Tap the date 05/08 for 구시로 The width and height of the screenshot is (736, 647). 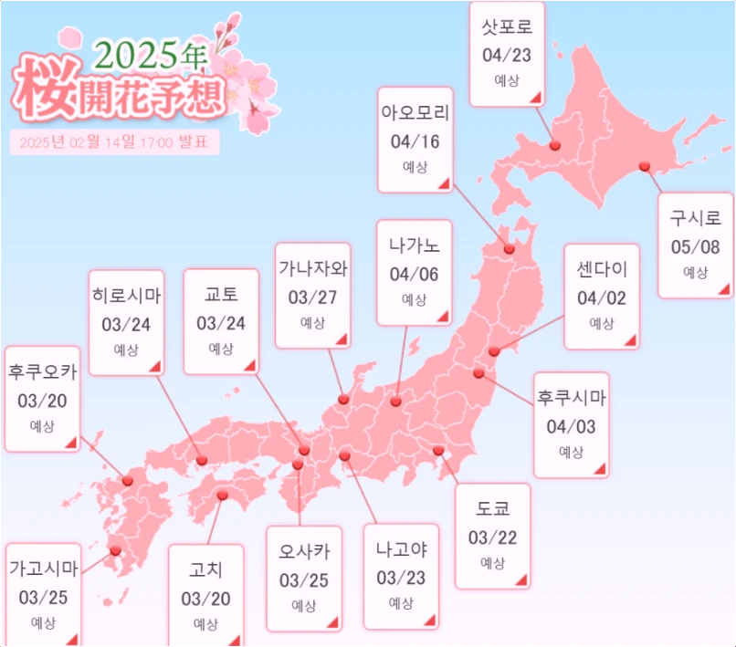(696, 246)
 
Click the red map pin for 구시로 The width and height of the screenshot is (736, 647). (645, 165)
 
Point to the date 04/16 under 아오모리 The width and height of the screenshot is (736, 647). (415, 141)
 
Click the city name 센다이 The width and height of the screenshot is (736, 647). (602, 272)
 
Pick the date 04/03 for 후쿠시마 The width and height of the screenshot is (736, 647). (571, 426)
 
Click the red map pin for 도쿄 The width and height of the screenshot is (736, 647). (438, 450)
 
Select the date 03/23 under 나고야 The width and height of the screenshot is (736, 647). (401, 578)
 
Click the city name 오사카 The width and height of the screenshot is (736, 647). (304, 552)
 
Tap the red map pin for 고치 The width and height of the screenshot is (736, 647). (223, 496)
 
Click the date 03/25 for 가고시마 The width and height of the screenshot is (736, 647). (42, 598)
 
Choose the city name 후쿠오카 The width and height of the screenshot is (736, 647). (42, 371)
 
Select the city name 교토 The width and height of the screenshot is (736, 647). (221, 296)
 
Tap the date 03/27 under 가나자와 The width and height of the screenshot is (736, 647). (313, 297)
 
